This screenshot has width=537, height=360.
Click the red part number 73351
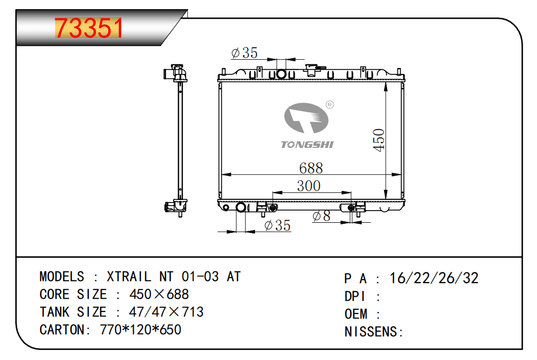coord(89,28)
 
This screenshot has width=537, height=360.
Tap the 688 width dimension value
coord(311,168)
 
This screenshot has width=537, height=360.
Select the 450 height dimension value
coord(379,140)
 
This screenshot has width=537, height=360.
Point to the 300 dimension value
coord(309,186)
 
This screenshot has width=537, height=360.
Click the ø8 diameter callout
coord(321,216)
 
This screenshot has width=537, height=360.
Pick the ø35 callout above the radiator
coord(244,53)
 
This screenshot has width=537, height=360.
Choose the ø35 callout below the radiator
coord(277,225)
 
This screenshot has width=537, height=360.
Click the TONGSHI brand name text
coord(307,144)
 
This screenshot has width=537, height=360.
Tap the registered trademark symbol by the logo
coord(329,104)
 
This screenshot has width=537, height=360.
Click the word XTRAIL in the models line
coord(129,276)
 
